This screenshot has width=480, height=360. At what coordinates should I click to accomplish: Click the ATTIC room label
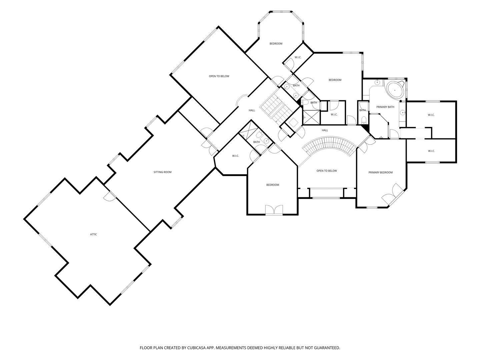coord(93,234)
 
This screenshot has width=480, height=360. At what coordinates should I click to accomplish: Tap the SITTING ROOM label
coord(162,172)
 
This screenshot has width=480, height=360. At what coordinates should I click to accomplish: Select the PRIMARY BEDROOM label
coord(381,172)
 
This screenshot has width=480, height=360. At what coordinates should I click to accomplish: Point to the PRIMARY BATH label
coord(385,107)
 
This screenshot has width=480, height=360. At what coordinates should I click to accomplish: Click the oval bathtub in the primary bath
coord(395,90)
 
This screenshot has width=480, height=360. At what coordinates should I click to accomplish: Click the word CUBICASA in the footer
coord(196,348)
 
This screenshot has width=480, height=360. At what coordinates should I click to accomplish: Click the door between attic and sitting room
coord(110,196)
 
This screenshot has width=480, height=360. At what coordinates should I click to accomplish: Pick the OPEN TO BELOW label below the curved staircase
coord(327,171)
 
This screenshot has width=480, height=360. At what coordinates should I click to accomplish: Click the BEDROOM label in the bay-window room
coord(276,43)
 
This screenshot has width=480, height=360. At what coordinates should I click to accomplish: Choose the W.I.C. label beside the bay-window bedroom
coord(298,57)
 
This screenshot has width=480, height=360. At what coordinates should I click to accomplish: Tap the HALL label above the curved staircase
coord(325,130)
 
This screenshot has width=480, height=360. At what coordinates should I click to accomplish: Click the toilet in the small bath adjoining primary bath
coord(363,120)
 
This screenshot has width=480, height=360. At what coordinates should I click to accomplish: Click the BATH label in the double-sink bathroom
coord(296,85)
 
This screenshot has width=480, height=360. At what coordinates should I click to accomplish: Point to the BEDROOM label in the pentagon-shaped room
coord(272,185)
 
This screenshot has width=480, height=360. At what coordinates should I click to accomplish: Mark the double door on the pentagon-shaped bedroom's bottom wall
coord(274,210)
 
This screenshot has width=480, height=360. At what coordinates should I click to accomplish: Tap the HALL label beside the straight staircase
coord(252,110)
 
